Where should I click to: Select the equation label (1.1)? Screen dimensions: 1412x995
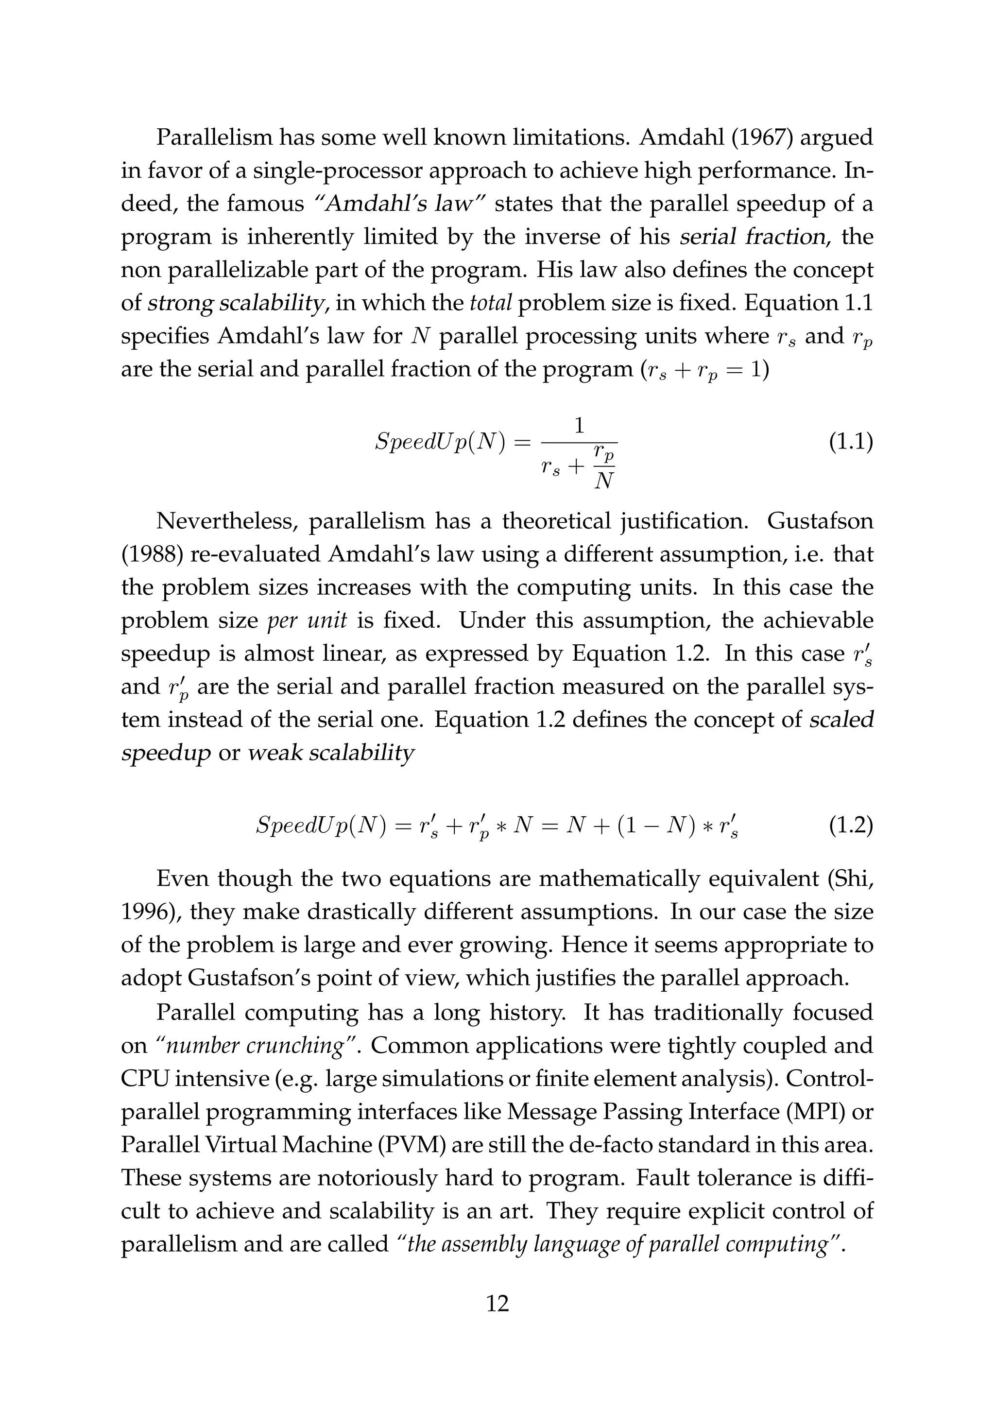point(851,443)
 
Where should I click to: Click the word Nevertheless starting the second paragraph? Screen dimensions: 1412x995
point(227,521)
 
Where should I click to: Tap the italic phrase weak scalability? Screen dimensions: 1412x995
point(331,753)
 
